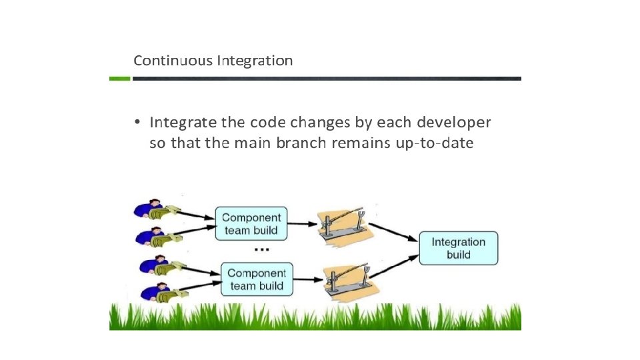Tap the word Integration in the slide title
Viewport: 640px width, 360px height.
(x=254, y=61)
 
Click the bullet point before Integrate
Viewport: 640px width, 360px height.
(x=136, y=123)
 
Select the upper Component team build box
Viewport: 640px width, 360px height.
(x=251, y=224)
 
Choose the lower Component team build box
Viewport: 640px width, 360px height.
(x=257, y=279)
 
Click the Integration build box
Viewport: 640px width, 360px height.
(x=458, y=248)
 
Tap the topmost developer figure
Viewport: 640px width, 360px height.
(x=155, y=210)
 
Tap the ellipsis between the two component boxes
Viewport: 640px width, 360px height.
(x=261, y=250)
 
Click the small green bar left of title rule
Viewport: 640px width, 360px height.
(x=119, y=79)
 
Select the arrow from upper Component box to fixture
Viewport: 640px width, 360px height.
(x=303, y=223)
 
